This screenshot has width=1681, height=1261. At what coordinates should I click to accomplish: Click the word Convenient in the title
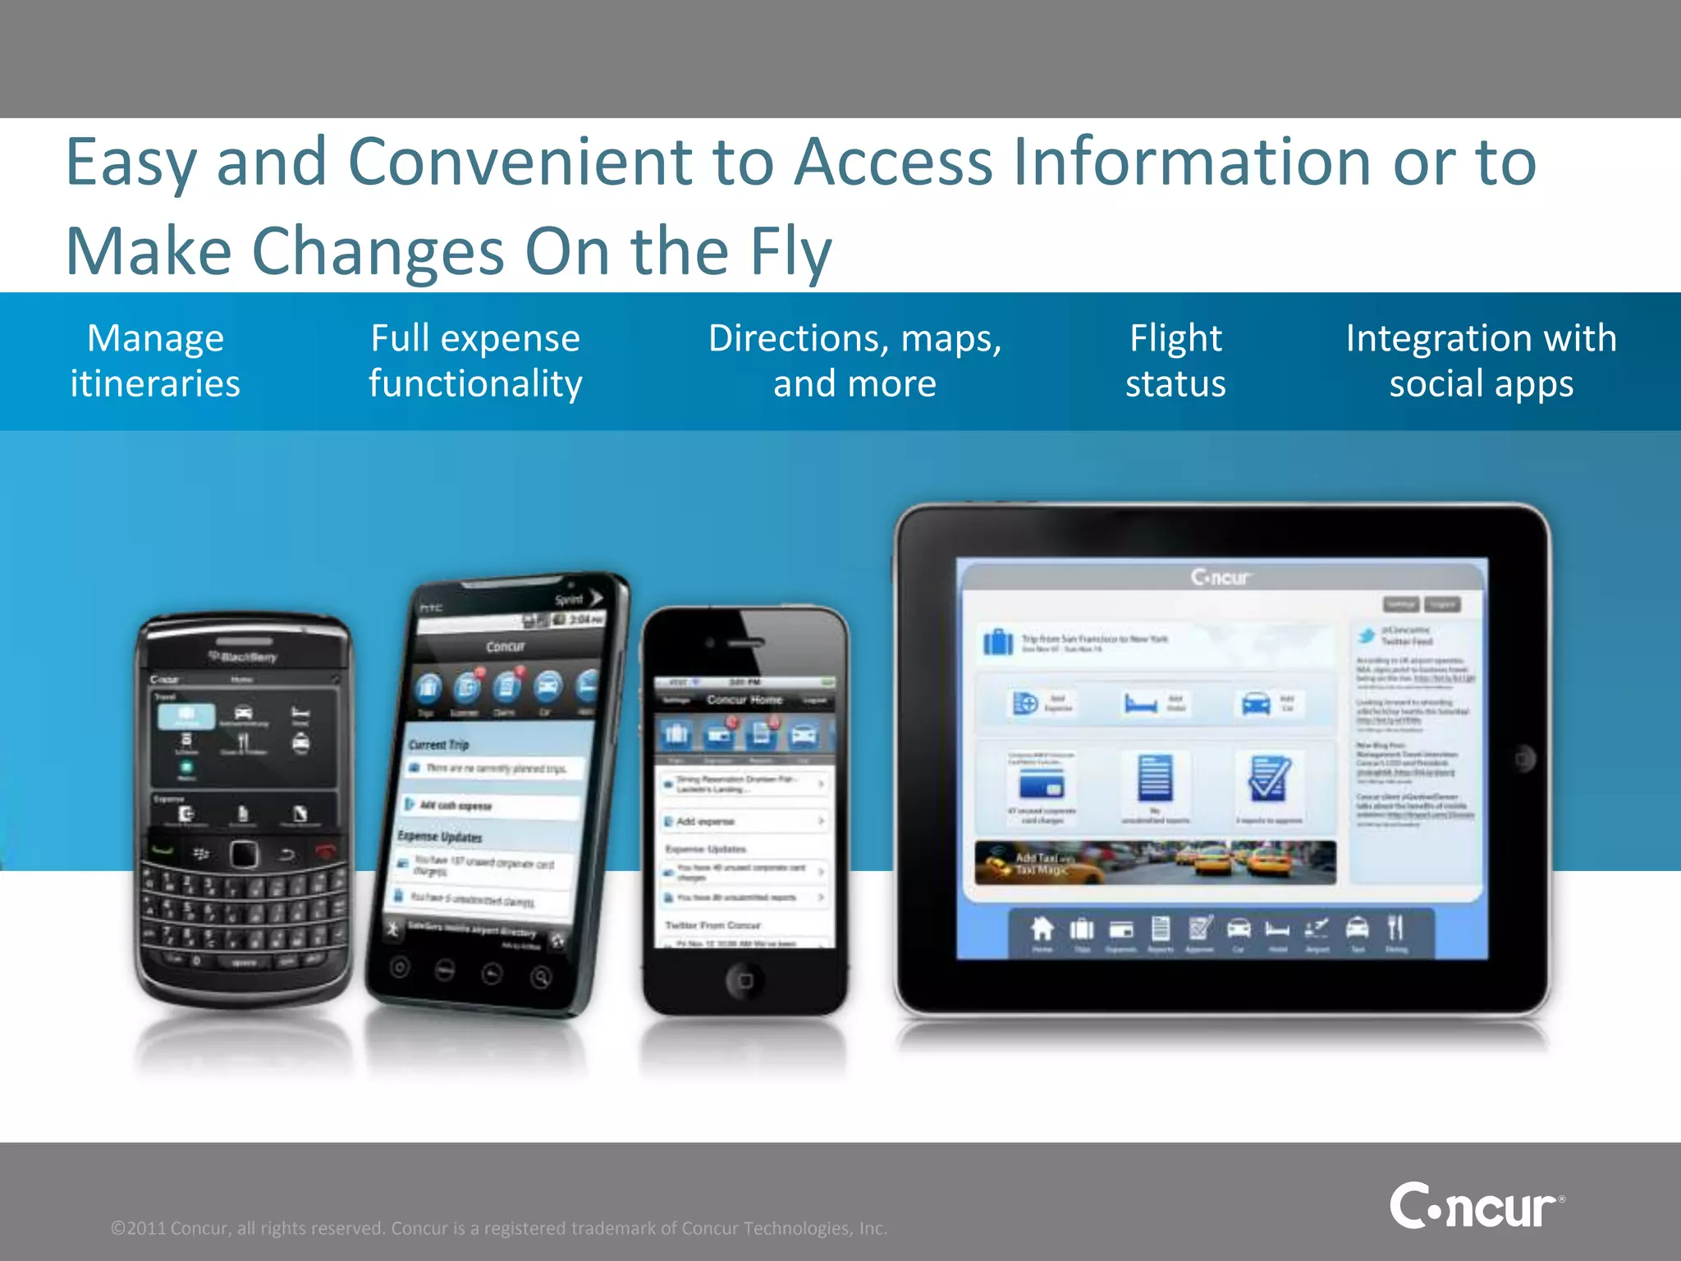coord(520,162)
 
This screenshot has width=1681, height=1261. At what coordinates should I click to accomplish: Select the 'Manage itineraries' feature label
coord(155,360)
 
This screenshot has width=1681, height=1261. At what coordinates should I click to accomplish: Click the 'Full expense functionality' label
coord(475,360)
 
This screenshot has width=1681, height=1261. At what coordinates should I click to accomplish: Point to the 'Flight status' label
coord(1175,360)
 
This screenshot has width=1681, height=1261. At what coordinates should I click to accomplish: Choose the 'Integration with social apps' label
coord(1481,360)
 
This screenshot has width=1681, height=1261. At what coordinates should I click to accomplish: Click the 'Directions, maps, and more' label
coord(854,360)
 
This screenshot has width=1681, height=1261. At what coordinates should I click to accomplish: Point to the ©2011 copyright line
coord(499,1228)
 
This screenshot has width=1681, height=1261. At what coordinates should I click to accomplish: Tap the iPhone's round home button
coord(744,979)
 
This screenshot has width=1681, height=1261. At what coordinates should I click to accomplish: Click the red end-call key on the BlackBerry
coord(326,851)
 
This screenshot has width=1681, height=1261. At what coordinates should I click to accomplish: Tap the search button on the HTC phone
coord(540,977)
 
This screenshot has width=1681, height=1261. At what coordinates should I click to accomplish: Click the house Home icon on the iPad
coord(1042,929)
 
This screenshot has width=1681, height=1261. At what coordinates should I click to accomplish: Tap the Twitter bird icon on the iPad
coord(1367,635)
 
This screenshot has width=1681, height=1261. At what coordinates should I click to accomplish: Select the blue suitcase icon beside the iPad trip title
coord(998,641)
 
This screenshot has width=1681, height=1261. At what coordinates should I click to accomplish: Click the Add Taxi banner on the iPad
coord(1155,863)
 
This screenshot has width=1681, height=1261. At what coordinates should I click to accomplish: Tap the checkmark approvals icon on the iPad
coord(1268,778)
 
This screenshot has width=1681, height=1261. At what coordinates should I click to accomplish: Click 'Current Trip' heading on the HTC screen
coord(439,745)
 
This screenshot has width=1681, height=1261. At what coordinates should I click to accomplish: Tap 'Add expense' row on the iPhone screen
coord(743,821)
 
